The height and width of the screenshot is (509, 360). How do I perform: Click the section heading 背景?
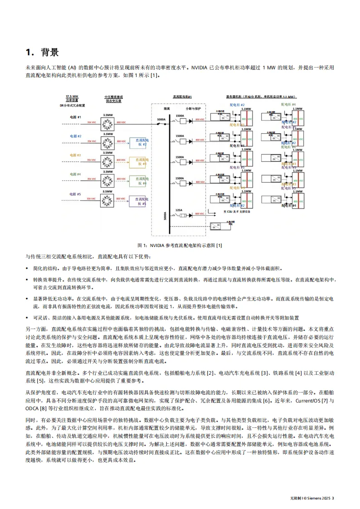[49, 52]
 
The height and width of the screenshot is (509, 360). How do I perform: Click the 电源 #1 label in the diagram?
[75, 117]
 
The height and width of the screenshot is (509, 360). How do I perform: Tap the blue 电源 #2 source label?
[75, 136]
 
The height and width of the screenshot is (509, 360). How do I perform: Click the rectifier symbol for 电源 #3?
[107, 160]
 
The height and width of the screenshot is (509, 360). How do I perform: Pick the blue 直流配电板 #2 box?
[139, 142]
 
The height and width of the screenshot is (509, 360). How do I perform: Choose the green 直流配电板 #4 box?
[139, 180]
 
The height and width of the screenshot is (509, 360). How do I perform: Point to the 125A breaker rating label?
[180, 210]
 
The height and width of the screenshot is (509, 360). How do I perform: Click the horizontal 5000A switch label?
[161, 119]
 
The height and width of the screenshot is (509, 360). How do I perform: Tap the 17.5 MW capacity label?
[72, 97]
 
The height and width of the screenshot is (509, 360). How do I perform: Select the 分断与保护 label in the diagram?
[192, 109]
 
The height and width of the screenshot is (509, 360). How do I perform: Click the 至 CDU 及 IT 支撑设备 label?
[240, 211]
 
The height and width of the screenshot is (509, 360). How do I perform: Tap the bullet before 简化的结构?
[27, 268]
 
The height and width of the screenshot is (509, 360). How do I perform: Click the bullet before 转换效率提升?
[27, 280]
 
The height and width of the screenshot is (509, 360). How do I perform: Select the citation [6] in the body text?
[268, 402]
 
